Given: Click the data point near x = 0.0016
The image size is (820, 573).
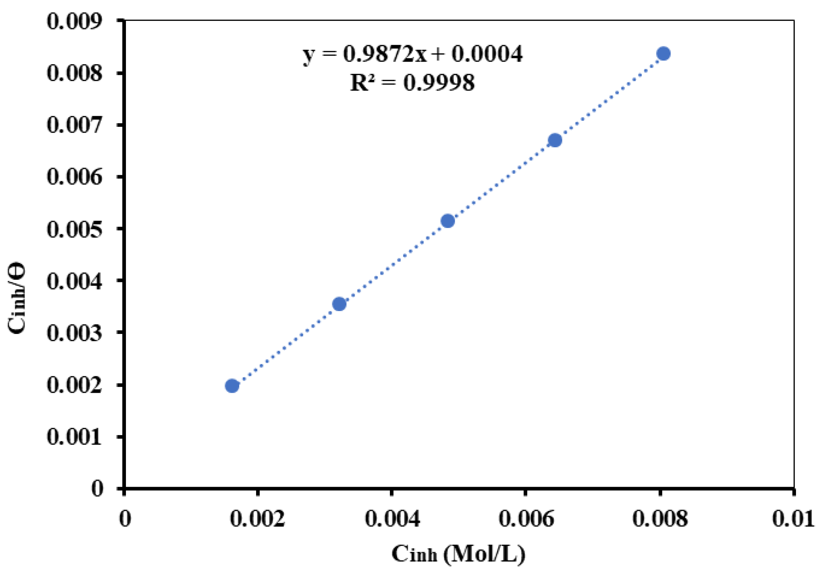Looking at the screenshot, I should point(232,386).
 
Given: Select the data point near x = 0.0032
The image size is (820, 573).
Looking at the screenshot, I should point(339,304).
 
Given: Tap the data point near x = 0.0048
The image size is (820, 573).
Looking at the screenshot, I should point(448,221).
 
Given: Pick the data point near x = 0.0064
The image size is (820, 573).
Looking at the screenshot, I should point(555,140).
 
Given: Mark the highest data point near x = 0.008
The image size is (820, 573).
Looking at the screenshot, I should point(664,53).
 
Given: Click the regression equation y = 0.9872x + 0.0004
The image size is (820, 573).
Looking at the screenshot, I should point(413,54).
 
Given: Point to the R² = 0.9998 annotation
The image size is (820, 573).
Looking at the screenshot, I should point(412,82).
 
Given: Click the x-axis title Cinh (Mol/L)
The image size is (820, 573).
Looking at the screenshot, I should point(458,554).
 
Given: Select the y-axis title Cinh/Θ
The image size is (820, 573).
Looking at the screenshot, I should point(17,298).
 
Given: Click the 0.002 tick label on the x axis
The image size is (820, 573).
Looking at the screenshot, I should point(258,519).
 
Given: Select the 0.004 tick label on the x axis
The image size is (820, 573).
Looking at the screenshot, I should point(392,519).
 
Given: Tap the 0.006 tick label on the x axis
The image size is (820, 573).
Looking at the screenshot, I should point(526,519).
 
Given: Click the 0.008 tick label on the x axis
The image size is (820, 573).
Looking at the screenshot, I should point(660,519).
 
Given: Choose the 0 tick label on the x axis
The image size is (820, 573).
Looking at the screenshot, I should point(125,519).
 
